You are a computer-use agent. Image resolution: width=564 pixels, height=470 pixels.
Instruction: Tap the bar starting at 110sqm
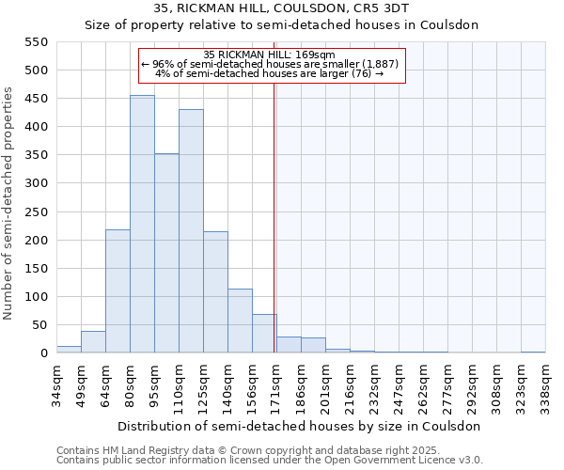[x=191, y=231]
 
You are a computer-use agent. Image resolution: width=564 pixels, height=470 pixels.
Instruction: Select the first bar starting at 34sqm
[x=69, y=350]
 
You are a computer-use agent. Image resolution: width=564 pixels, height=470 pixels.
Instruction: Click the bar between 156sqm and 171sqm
[x=264, y=334]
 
